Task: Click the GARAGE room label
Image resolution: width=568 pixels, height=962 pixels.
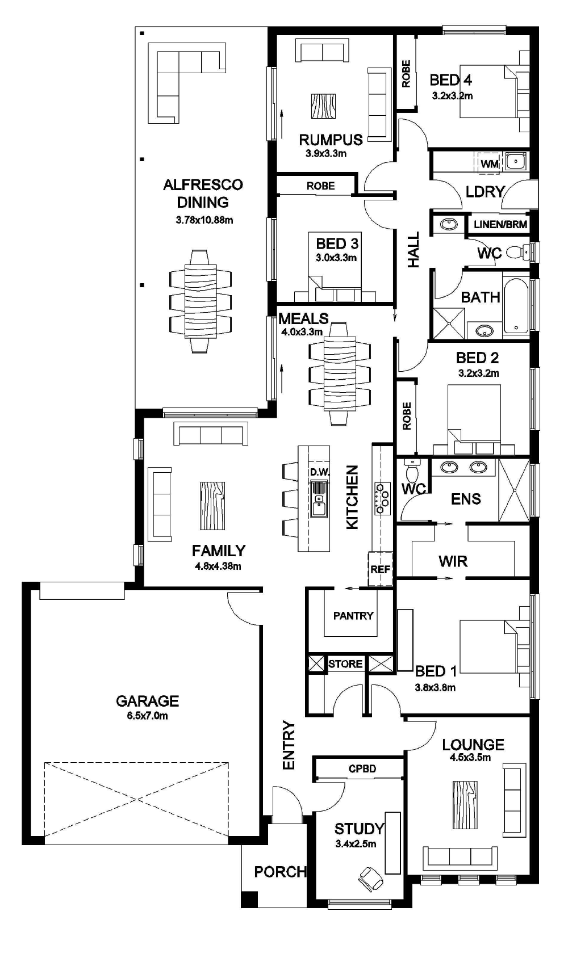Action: [x=147, y=701]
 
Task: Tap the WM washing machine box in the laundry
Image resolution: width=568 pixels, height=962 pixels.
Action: [x=489, y=164]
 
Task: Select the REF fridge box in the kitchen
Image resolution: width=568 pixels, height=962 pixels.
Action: [x=380, y=569]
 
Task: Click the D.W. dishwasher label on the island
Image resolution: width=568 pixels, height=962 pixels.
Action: [x=320, y=472]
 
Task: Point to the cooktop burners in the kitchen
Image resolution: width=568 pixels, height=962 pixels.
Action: [x=382, y=498]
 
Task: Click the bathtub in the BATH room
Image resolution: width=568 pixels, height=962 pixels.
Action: [x=516, y=305]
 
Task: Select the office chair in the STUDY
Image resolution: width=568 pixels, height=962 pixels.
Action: [x=371, y=877]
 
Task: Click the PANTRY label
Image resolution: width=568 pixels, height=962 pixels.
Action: [x=353, y=616]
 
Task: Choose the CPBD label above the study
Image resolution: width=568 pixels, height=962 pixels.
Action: [x=362, y=769]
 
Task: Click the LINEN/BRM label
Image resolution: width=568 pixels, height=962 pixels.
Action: [x=500, y=224]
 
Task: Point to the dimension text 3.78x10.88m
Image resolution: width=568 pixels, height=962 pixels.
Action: [x=204, y=220]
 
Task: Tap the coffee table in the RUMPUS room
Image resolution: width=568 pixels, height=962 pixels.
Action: [x=323, y=106]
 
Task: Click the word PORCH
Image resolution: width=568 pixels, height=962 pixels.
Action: [x=280, y=872]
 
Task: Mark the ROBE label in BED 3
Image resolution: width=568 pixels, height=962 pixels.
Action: [x=320, y=186]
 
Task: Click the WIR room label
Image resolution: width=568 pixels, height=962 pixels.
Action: [x=453, y=561]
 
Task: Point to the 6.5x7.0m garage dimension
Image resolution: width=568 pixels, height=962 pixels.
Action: [x=147, y=716]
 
